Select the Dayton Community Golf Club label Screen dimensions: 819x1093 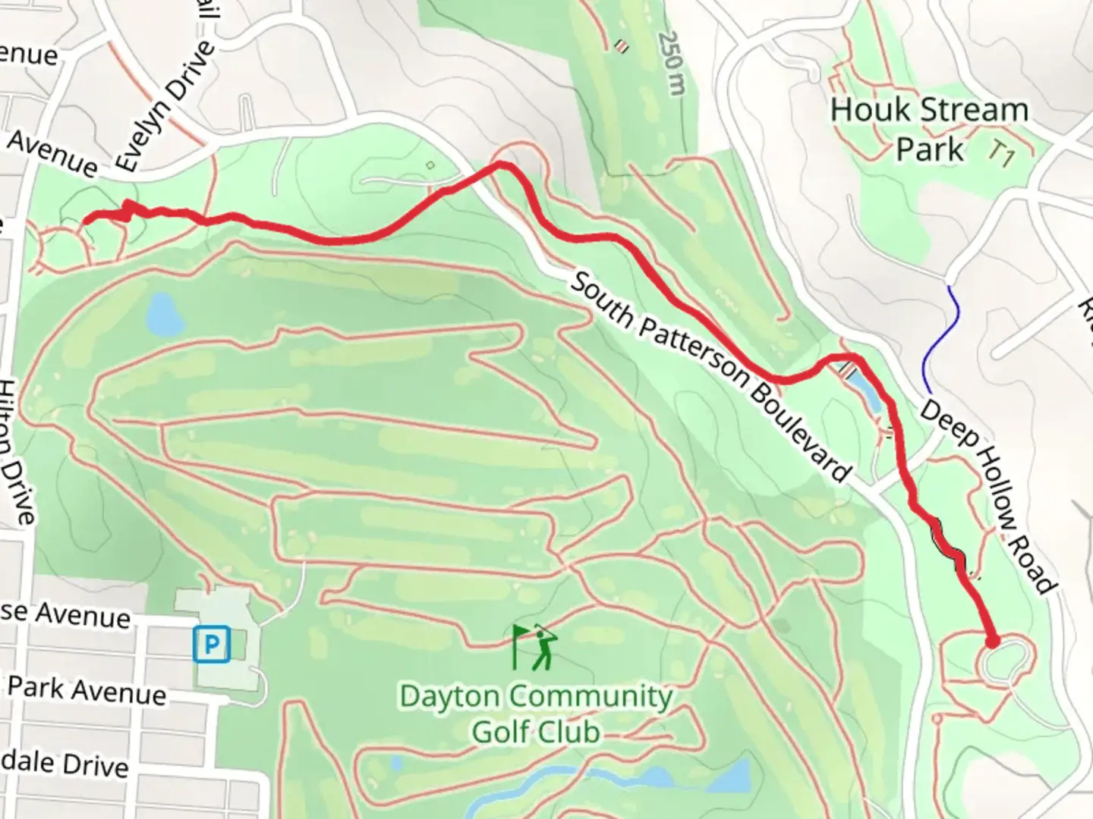tap(536, 714)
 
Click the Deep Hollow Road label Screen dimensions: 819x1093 tap(987, 497)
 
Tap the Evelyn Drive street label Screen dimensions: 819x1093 tap(165, 106)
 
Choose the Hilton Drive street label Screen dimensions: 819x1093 tap(17, 451)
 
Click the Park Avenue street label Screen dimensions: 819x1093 tap(87, 690)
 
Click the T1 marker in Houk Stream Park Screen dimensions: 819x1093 tap(1002, 155)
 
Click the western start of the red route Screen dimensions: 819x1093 tap(85, 220)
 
